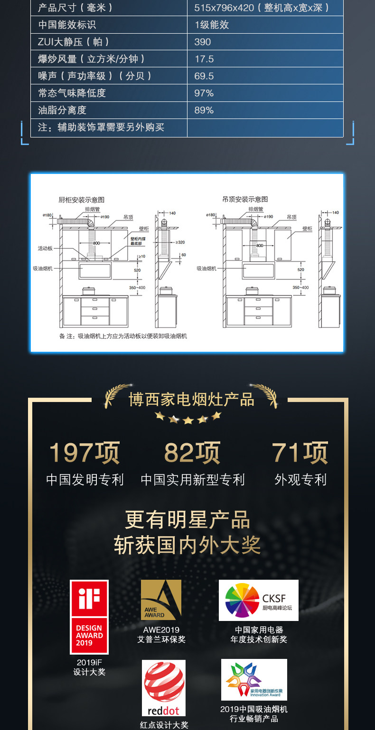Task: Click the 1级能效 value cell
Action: pos(212,25)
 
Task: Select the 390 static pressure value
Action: pos(203,42)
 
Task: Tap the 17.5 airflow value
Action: pos(204,59)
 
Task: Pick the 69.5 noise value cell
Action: pos(204,76)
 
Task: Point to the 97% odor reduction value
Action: pos(204,93)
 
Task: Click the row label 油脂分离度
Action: pos(62,110)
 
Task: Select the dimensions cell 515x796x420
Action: pos(262,8)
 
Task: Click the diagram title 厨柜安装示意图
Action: pos(81,200)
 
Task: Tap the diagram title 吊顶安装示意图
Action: pos(245,199)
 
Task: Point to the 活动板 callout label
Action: pos(46,248)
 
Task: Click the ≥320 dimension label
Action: pos(180,242)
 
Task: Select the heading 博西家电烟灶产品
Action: pos(191,399)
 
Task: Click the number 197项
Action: pos(84,453)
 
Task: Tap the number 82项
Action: pos(192,453)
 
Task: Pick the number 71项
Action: pos(300,453)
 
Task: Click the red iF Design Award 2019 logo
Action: pos(89,617)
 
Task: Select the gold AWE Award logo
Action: pos(161,600)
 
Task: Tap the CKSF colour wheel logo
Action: pos(258,600)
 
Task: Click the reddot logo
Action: pos(164,688)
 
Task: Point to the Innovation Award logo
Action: pos(254,679)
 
